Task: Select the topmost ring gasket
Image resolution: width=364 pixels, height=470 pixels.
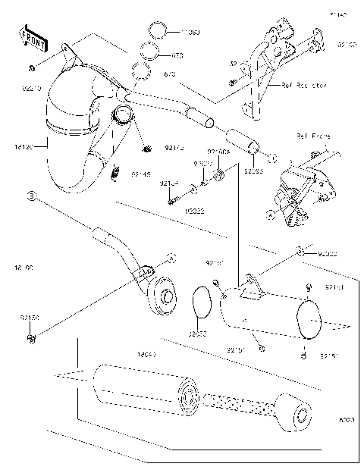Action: click(x=156, y=33)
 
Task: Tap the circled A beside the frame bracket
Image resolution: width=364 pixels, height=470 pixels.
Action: click(x=271, y=215)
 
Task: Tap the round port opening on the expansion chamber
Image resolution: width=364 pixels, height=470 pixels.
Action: click(x=123, y=117)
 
